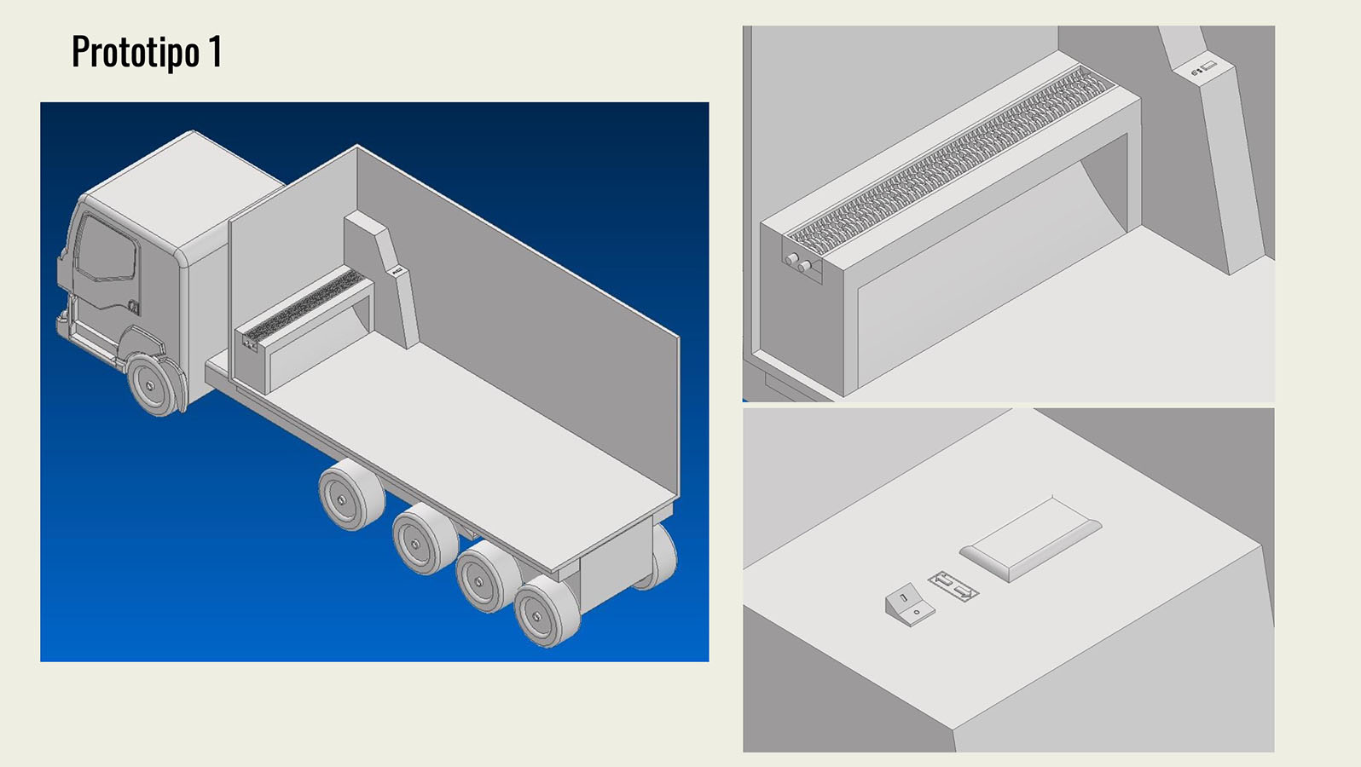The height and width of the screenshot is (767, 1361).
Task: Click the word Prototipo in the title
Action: point(135,52)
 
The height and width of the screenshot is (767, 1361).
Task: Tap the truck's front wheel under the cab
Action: point(154,385)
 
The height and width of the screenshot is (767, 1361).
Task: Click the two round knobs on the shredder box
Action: point(799,262)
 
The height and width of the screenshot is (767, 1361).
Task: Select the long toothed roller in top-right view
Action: point(947,159)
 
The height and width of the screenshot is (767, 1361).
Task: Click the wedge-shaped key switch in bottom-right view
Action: point(909,606)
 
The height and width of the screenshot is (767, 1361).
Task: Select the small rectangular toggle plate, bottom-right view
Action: point(953,587)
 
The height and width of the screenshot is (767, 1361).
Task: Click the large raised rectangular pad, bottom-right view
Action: point(1029,539)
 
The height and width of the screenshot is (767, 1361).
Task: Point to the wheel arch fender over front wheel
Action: point(145,341)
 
